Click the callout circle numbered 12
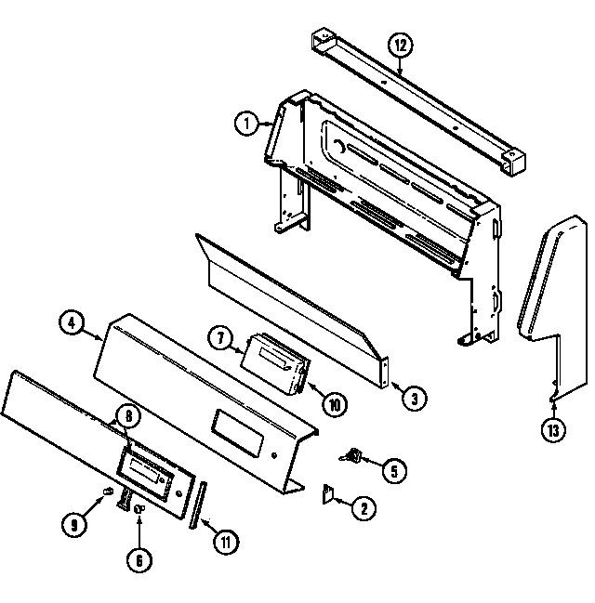click(x=400, y=45)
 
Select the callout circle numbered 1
click(x=245, y=122)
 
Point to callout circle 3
click(x=415, y=398)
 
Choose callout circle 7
click(x=221, y=338)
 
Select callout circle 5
click(x=392, y=471)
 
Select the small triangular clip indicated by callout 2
click(x=328, y=494)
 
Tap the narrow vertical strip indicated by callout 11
click(x=196, y=505)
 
